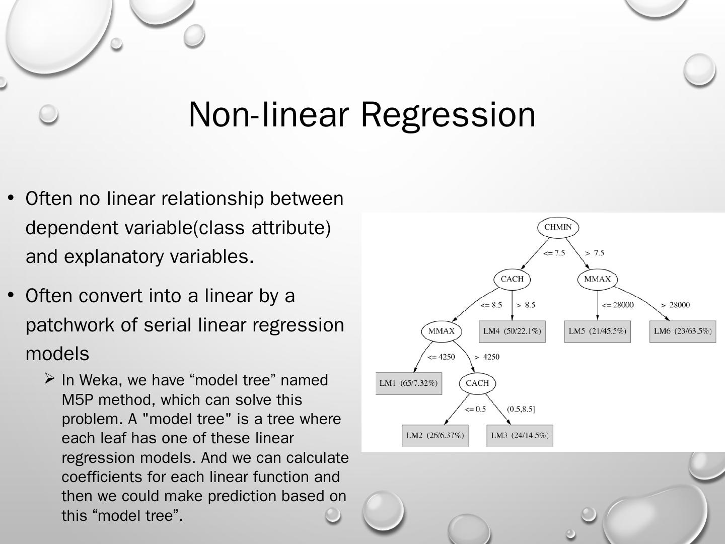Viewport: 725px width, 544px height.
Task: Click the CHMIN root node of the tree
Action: tap(558, 227)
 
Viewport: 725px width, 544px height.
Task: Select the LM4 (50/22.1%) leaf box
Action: tap(512, 331)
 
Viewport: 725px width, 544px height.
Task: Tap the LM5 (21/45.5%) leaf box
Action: tap(597, 331)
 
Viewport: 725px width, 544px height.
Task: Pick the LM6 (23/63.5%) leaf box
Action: tap(683, 331)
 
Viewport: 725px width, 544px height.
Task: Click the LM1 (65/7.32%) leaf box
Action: tap(408, 383)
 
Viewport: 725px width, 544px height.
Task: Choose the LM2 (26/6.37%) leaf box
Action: tap(435, 435)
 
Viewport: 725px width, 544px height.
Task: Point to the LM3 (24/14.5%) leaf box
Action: tap(520, 435)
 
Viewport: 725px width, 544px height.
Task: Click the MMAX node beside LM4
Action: tap(441, 331)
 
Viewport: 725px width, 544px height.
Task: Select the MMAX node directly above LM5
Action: tap(597, 279)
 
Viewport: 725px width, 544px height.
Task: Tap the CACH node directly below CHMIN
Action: tap(512, 279)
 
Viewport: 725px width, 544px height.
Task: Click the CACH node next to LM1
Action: tap(477, 383)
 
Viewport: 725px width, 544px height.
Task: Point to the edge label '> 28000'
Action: tap(675, 305)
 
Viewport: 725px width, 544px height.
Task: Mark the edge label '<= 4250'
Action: tap(441, 357)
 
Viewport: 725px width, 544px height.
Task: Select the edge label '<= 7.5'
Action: tap(554, 253)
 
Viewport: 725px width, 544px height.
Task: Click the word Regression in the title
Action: tap(448, 114)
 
